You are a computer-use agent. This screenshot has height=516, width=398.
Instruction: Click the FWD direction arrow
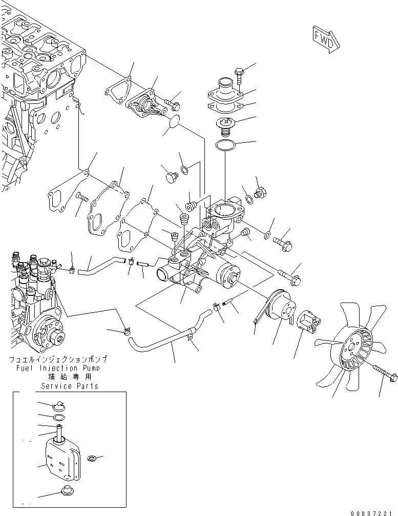[324, 39]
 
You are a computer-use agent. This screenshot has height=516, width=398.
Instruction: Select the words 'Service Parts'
[71, 385]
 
